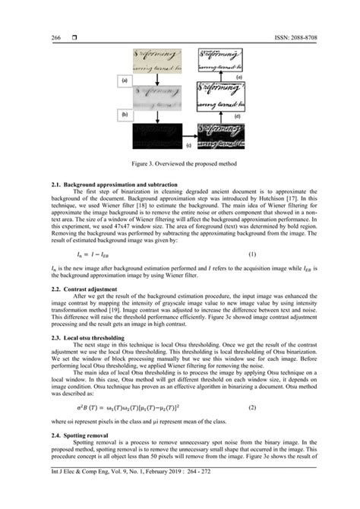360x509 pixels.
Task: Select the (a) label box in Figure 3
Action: pyautogui.click(x=123, y=79)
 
